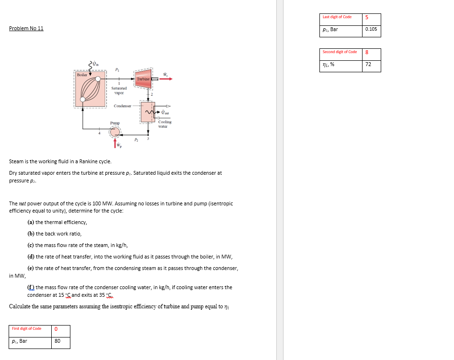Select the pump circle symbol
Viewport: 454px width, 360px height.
115,132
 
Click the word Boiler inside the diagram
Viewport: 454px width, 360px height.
82,75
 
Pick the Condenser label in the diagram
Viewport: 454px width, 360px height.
123,106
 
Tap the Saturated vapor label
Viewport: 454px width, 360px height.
119,90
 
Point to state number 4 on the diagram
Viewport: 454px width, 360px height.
100,134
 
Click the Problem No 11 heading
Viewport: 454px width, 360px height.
26,29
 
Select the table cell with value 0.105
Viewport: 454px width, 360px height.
371,29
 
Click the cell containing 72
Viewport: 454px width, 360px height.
368,65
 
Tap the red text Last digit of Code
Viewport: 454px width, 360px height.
337,17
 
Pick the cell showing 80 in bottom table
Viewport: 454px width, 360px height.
57,341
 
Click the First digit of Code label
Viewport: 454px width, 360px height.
27,328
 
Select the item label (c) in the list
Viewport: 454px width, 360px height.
31,245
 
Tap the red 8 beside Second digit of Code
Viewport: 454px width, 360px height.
367,52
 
